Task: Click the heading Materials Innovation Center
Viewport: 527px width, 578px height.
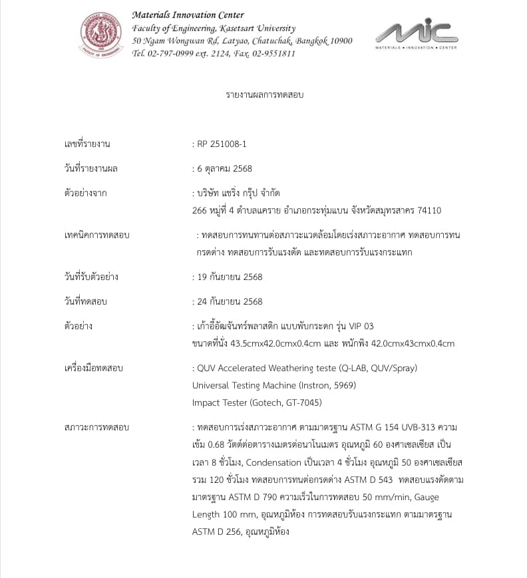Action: coord(188,15)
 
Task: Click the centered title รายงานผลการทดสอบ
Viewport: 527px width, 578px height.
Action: coord(264,95)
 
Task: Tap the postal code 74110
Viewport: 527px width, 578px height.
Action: coord(429,210)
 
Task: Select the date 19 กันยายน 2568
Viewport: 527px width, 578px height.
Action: coord(230,277)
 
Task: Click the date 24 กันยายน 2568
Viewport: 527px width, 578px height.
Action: coord(230,301)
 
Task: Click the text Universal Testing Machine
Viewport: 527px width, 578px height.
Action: coord(244,385)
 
